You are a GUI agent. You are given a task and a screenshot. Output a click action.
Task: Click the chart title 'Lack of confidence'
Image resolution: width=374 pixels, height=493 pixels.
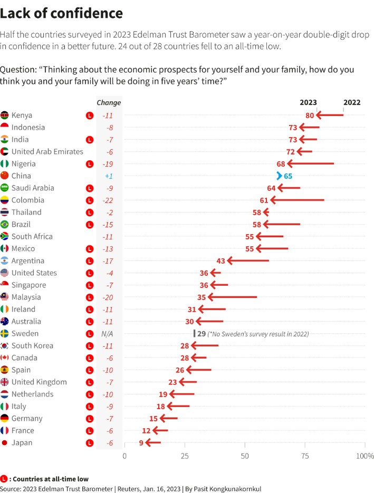coord(62,13)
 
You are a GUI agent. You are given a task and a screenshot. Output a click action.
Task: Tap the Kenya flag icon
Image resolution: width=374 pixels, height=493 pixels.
coord(5,115)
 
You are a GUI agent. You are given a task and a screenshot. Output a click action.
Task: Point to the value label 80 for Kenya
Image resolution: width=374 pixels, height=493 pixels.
coord(310,115)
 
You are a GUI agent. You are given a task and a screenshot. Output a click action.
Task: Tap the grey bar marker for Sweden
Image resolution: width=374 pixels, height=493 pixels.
coord(194,334)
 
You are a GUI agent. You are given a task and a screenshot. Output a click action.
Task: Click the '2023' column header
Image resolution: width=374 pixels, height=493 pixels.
coord(308,103)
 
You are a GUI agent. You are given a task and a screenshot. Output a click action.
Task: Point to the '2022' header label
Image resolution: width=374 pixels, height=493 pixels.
coord(352,103)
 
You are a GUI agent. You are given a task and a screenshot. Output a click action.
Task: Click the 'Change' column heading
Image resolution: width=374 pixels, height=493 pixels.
coord(109,103)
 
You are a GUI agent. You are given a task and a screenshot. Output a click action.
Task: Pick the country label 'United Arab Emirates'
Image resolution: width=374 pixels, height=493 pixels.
coord(47,152)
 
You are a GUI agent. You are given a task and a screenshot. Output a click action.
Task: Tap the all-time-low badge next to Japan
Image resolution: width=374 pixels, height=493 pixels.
coord(89,443)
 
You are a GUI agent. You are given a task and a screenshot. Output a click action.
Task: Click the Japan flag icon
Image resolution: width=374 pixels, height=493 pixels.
coord(5,443)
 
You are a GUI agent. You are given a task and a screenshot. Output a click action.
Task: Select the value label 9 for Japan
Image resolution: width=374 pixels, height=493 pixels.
coord(141,443)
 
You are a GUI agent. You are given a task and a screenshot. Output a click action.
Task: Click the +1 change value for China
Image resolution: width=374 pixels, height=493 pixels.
coord(108,176)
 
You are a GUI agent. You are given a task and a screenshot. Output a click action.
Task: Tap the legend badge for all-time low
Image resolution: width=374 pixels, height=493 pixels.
coord(4,479)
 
